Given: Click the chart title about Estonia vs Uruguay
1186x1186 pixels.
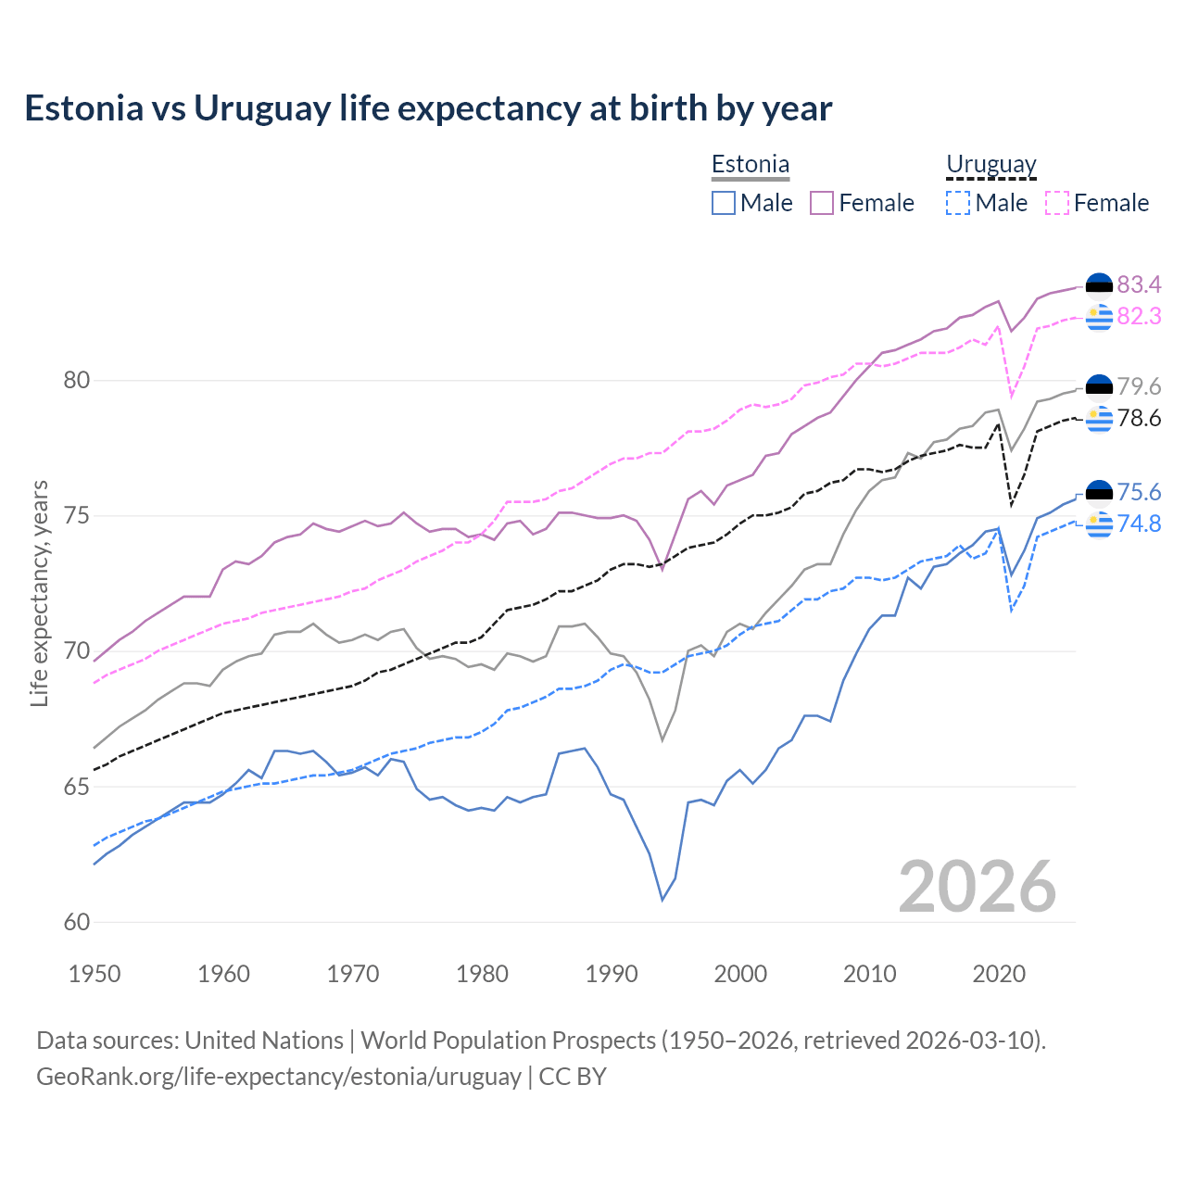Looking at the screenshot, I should tap(428, 108).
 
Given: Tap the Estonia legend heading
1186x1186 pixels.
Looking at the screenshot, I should tap(750, 164).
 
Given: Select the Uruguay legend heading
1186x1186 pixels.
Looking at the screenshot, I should tap(990, 164).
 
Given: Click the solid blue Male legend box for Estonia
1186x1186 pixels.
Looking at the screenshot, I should tap(724, 203).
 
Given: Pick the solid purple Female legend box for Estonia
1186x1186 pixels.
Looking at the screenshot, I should tap(822, 203).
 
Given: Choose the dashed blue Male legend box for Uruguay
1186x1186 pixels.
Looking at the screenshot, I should tap(958, 203).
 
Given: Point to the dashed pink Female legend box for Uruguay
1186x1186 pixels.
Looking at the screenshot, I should tap(1056, 203).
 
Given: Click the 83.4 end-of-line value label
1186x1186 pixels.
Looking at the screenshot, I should tap(1139, 284).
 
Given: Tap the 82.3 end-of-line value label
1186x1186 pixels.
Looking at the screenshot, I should tap(1139, 317).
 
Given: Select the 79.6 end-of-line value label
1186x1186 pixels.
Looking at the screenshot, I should tap(1139, 386).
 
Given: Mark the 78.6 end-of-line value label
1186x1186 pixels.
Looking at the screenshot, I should tap(1139, 419).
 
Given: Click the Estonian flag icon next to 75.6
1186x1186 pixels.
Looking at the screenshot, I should tap(1099, 492).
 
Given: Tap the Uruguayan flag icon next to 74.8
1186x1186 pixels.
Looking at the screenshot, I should tap(1099, 524).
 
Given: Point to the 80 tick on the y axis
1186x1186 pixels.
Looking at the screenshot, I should tap(78, 380).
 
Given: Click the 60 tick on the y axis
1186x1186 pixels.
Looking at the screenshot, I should tap(78, 922).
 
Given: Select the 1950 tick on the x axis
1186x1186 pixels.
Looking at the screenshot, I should tap(95, 974).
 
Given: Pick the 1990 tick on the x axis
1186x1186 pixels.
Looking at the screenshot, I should tap(612, 974).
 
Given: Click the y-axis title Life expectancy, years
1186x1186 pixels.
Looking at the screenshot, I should tap(40, 593).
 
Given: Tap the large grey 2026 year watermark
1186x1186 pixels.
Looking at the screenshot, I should tap(977, 887).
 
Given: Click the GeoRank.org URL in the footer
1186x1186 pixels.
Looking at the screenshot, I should tap(278, 1077).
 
